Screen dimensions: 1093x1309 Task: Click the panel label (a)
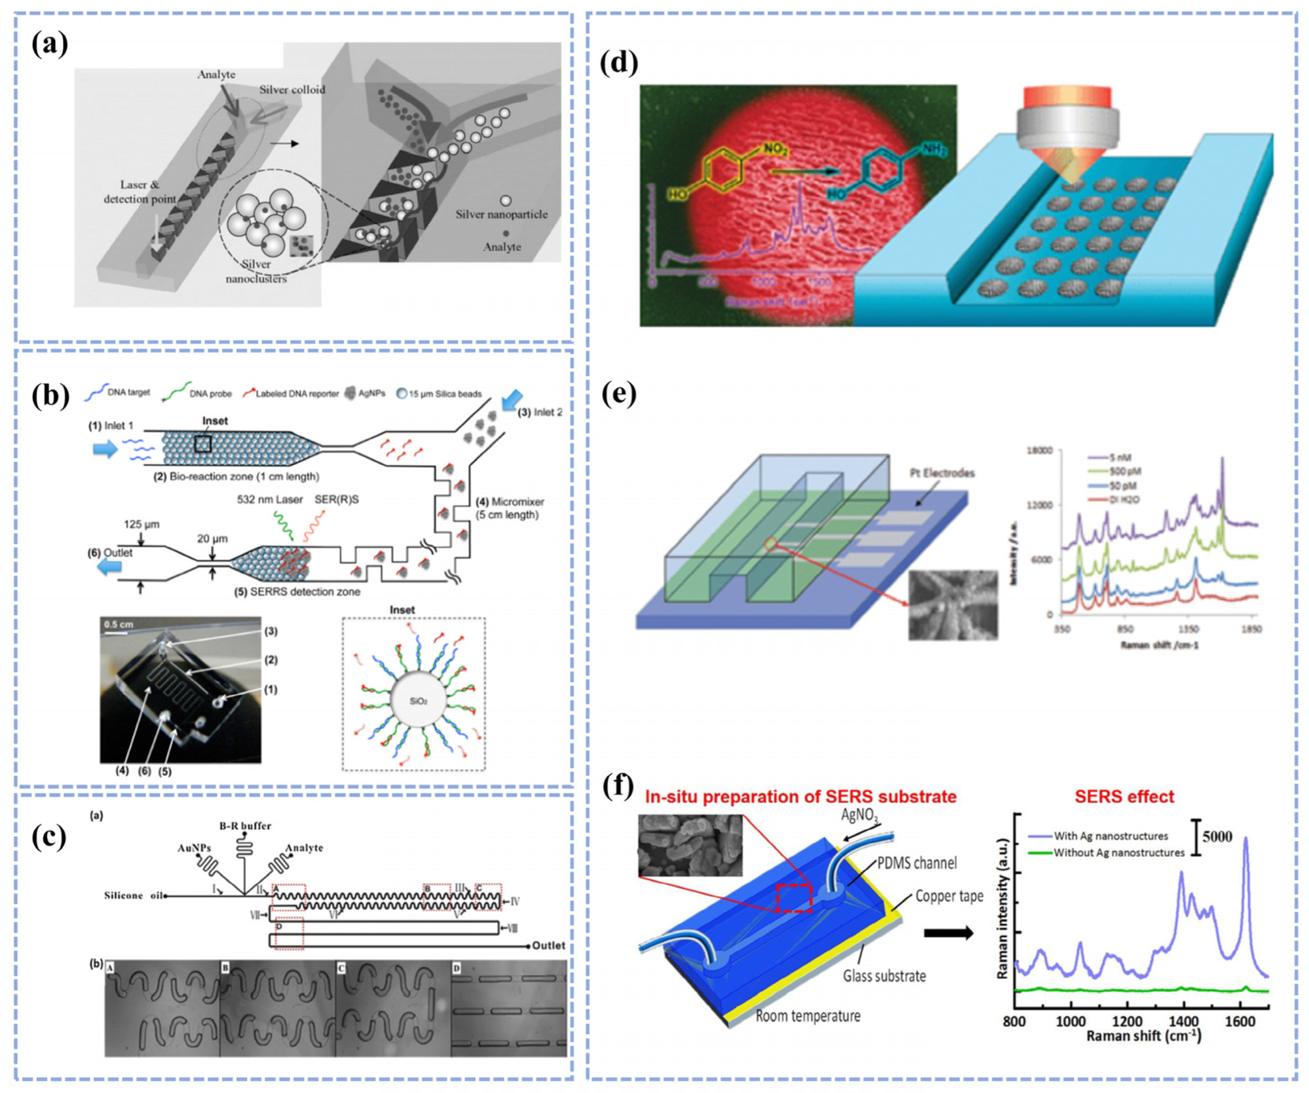pyautogui.click(x=50, y=44)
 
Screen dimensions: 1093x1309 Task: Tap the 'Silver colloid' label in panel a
pyautogui.click(x=292, y=90)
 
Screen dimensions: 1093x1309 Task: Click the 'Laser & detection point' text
pyautogui.click(x=140, y=192)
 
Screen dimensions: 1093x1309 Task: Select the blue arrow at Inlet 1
pyautogui.click(x=105, y=449)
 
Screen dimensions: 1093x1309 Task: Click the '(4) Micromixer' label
pyautogui.click(x=510, y=508)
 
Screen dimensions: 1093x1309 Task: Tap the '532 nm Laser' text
pyautogui.click(x=270, y=499)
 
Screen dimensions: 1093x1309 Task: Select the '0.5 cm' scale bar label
pyautogui.click(x=119, y=624)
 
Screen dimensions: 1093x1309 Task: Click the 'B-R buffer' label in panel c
pyautogui.click(x=245, y=826)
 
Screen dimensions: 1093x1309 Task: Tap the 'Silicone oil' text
pyautogui.click(x=132, y=896)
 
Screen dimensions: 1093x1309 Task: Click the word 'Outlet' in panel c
pyautogui.click(x=548, y=945)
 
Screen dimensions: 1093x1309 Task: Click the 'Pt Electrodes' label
pyautogui.click(x=942, y=473)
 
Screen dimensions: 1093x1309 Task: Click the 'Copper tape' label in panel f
pyautogui.click(x=949, y=896)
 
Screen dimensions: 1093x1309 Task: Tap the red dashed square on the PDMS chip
pyautogui.click(x=794, y=898)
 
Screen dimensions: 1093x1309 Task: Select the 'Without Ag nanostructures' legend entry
pyautogui.click(x=1118, y=852)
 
